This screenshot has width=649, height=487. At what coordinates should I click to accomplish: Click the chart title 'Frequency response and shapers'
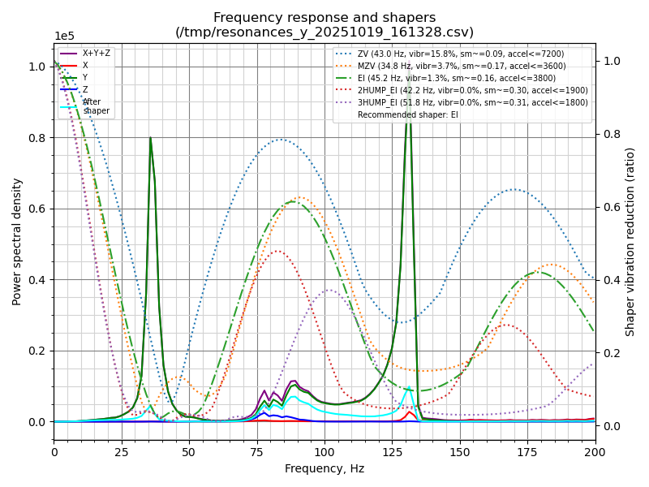pyautogui.click(x=324, y=18)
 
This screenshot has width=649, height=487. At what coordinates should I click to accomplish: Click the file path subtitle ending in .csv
pyautogui.click(x=324, y=32)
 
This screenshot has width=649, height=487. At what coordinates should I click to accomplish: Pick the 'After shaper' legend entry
pyautogui.click(x=96, y=106)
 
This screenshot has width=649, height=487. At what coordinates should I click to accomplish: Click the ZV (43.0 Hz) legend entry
pyautogui.click(x=460, y=54)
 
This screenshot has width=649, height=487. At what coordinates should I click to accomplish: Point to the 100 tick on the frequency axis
pyautogui.click(x=324, y=451)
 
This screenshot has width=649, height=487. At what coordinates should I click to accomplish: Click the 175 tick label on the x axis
pyautogui.click(x=527, y=451)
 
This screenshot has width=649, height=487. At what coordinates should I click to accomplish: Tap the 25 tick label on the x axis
pyautogui.click(x=122, y=451)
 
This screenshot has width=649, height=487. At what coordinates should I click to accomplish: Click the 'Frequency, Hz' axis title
pyautogui.click(x=324, y=468)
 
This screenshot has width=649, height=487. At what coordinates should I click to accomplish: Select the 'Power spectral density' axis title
pyautogui.click(x=17, y=241)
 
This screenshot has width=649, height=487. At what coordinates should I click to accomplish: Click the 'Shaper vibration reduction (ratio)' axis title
pyautogui.click(x=630, y=241)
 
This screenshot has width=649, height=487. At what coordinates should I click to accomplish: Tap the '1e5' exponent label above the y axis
pyautogui.click(x=64, y=37)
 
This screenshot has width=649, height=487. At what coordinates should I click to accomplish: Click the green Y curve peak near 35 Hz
pyautogui.click(x=150, y=138)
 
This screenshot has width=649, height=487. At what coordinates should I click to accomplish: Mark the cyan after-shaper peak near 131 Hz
pyautogui.click(x=408, y=388)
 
